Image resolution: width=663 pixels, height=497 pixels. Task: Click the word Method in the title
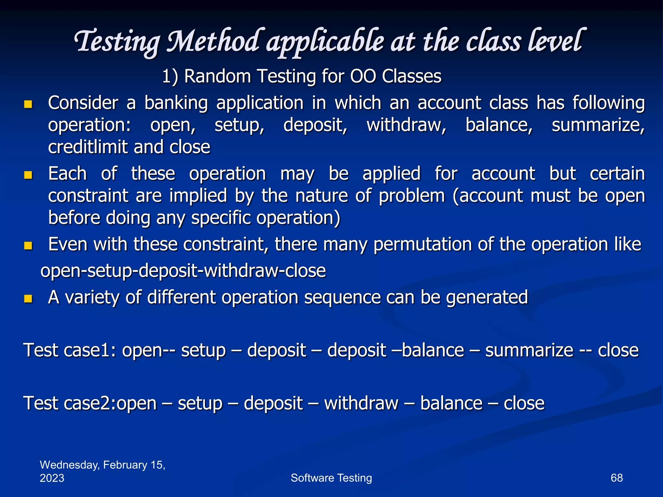pos(214,41)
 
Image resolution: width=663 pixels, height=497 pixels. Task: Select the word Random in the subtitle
pos(217,76)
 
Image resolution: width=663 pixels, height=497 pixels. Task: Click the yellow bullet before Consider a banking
pos(28,104)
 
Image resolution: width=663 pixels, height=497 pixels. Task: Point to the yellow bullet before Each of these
pos(28,175)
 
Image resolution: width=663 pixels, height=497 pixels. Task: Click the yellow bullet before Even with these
pos(28,246)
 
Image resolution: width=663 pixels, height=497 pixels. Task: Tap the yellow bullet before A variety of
pos(28,298)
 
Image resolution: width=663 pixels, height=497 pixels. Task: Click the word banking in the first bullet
pos(176,104)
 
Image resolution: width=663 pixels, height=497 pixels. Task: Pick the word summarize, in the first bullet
pos(598,125)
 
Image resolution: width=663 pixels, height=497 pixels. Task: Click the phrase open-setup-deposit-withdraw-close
pos(183,271)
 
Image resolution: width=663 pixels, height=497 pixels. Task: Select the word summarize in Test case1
pos(529,350)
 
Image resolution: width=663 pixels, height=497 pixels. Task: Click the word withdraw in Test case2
pos(361,403)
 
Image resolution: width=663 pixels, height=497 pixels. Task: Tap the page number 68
pos(616,478)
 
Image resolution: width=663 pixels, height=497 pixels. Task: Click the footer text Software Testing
pos(331,478)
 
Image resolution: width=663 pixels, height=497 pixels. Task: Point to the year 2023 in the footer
pos(52,478)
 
